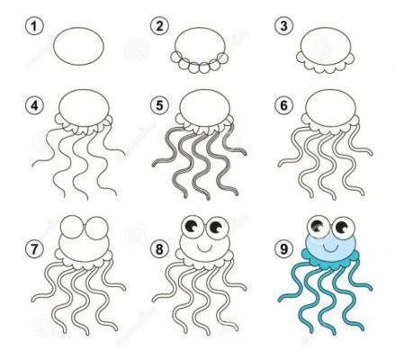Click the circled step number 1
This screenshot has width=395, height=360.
coord(34,26)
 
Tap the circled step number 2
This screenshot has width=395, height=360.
coord(159,26)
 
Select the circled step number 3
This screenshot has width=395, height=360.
coord(283,26)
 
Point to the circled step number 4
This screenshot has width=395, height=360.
coord(34,105)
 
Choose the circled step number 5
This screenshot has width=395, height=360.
coord(159,105)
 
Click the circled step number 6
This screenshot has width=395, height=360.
coord(283,105)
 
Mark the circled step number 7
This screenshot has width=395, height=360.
coord(34,249)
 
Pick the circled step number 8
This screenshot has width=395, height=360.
coord(159,249)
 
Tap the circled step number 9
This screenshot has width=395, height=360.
coord(283,249)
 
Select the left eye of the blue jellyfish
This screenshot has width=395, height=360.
coord(319,227)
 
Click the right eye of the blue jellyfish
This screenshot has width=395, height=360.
coord(343,228)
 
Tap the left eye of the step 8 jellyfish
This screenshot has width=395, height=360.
coord(193,227)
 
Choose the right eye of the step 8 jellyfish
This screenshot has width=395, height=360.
coord(217,228)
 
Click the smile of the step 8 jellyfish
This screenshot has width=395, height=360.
coord(204,248)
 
